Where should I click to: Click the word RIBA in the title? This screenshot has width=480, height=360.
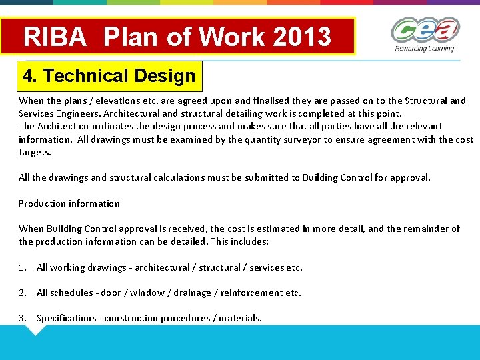click(55, 37)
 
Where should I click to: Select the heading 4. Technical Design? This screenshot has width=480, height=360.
click(109, 76)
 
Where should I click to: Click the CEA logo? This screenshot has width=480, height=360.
click(425, 31)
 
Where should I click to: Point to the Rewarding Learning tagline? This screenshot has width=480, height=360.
click(424, 49)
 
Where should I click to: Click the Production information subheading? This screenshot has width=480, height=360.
click(69, 203)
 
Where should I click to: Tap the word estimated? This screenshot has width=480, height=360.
click(273, 229)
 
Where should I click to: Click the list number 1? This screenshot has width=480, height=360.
click(22, 267)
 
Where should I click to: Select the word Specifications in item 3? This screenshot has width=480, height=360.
click(67, 318)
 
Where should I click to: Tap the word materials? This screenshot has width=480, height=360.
click(239, 318)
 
